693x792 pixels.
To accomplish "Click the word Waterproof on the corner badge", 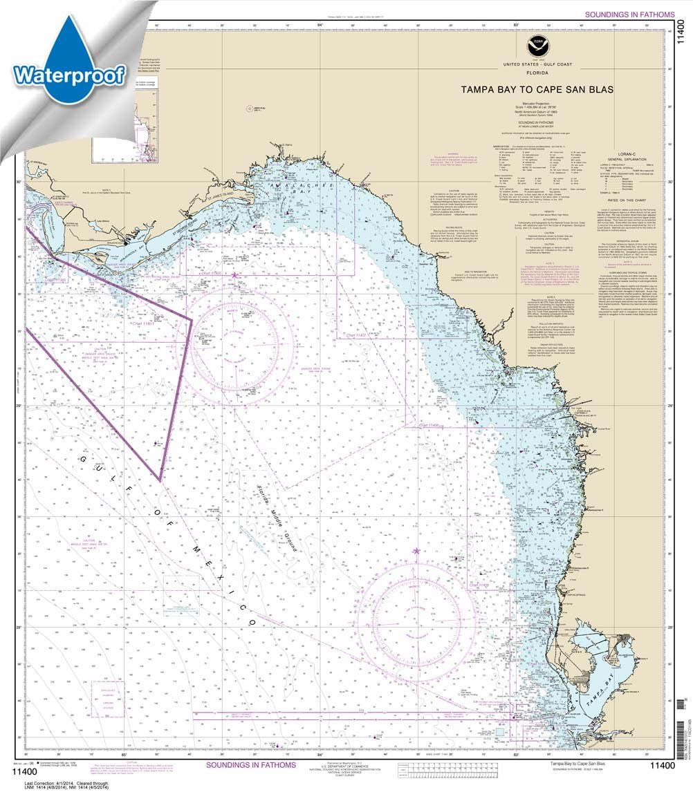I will click(x=69, y=74).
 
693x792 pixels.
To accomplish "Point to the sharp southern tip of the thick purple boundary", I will click(x=160, y=480).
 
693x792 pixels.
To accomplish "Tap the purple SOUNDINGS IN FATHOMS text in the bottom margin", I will click(x=251, y=765).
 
